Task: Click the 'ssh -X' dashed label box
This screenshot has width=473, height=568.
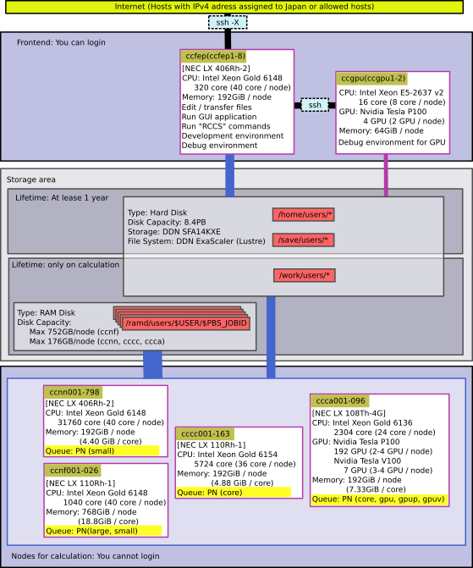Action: click(228, 23)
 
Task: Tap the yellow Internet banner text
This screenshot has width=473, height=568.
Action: click(244, 7)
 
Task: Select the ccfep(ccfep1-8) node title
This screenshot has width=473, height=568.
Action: click(215, 56)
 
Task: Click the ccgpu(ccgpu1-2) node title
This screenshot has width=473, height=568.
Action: click(373, 79)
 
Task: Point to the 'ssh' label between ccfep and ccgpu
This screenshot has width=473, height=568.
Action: click(315, 105)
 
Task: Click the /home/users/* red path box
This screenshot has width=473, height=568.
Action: click(304, 214)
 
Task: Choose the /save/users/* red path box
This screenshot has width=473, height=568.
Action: click(303, 240)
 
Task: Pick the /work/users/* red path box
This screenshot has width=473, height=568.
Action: click(305, 275)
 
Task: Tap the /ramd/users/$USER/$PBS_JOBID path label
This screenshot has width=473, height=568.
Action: click(186, 323)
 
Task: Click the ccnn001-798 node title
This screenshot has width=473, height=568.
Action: click(74, 392)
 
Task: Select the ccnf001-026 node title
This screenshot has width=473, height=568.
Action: click(74, 470)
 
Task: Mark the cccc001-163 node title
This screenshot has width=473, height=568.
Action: click(206, 433)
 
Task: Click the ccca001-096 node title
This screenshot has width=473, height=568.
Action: click(340, 400)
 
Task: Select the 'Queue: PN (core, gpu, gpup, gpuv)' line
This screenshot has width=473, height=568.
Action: click(379, 499)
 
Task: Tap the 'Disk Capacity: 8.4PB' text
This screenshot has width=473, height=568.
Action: click(167, 222)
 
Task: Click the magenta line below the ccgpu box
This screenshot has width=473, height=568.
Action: click(386, 175)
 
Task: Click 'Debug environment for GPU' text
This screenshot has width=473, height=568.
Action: click(392, 142)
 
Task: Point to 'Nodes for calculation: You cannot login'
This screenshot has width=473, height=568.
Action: click(85, 555)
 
